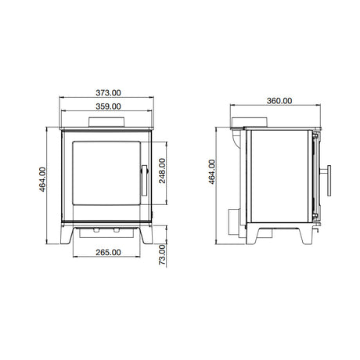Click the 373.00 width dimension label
(108, 92)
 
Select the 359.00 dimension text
(108, 106)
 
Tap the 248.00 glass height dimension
(162, 171)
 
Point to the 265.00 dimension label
(108, 252)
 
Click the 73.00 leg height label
(162, 254)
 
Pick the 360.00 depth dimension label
(279, 101)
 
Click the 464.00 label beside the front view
(42, 179)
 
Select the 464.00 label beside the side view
(212, 171)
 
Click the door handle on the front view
(145, 180)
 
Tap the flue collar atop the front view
(106, 122)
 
